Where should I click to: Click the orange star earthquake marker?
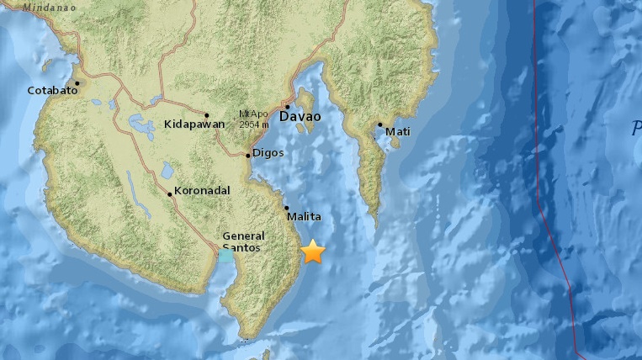[x=313, y=251]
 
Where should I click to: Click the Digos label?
[x=268, y=153]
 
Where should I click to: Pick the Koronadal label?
[x=202, y=191]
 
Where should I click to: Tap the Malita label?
[x=304, y=217]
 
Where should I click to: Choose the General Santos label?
[x=243, y=242]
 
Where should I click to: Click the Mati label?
[x=397, y=130]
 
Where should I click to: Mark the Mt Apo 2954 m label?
[x=253, y=119]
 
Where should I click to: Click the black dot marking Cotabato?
[x=77, y=83]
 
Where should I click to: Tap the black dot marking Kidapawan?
[x=207, y=114]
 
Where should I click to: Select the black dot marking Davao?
[x=287, y=107]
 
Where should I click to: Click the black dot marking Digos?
[x=247, y=155]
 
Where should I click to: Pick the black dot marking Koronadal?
[x=170, y=194]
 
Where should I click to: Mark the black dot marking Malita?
[x=286, y=208]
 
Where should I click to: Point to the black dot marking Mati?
[x=379, y=124]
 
